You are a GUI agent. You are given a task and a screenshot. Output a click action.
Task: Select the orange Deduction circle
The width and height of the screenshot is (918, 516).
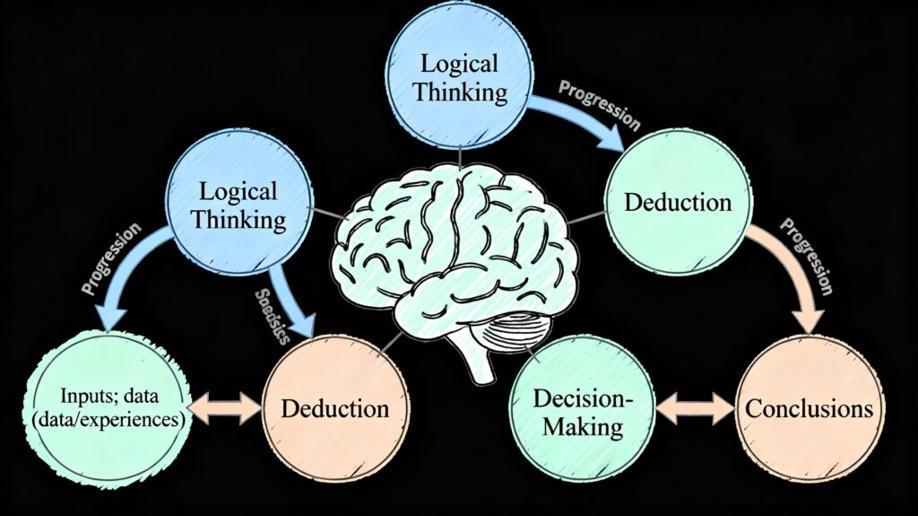click(x=335, y=408)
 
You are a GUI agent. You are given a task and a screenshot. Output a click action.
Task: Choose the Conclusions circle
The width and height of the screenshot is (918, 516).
click(x=810, y=409)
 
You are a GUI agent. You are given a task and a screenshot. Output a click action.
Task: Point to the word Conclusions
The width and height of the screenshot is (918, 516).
click(x=810, y=409)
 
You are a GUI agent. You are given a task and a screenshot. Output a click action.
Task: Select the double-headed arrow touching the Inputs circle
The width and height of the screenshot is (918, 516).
click(x=224, y=408)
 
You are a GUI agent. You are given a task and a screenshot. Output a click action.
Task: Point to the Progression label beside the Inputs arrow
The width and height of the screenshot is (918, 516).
click(x=112, y=260)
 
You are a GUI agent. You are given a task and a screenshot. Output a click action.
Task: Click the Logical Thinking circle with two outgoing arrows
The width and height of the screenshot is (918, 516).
click(x=238, y=204)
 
